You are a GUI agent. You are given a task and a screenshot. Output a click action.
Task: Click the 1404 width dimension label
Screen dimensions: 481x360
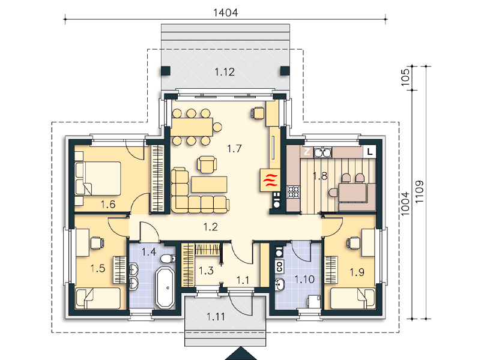tap(225, 13)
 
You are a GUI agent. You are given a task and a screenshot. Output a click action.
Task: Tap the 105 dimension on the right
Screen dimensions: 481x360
tap(405, 77)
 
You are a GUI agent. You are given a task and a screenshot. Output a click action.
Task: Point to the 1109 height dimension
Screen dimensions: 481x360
tap(419, 191)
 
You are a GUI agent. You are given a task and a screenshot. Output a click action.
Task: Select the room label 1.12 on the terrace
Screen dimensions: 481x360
tap(225, 72)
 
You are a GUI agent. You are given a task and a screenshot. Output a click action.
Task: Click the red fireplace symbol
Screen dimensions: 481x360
tap(270, 180)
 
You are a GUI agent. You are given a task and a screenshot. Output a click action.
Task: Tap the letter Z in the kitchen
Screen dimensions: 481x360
tap(306, 152)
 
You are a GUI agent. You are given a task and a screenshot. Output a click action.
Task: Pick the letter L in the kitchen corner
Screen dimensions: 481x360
tap(370, 151)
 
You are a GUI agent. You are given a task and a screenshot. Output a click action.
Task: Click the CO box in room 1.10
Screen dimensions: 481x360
tap(279, 266)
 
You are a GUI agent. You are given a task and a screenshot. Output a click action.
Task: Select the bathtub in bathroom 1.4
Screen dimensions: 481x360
tap(166, 287)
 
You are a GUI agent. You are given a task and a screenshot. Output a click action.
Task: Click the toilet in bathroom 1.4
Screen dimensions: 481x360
tap(168, 258)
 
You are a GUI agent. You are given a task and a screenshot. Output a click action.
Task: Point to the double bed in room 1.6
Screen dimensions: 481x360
tap(98, 178)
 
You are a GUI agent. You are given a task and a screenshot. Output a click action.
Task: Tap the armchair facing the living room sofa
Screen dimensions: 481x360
tap(207, 164)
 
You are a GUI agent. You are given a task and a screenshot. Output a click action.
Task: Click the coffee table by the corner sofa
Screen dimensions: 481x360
tap(209, 184)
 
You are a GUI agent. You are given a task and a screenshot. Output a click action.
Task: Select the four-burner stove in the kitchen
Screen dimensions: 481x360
tap(293, 192)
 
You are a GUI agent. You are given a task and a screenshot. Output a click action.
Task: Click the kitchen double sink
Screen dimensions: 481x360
tap(322, 152)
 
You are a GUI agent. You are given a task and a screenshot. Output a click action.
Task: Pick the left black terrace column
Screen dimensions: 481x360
tap(166, 71)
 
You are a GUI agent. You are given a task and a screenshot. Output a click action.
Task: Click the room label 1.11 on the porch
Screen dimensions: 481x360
tap(216, 316)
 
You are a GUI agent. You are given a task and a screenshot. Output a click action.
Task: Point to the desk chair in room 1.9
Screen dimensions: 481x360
tap(352, 242)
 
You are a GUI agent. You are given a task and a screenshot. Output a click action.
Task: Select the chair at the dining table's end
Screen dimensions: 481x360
tap(217, 127)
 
